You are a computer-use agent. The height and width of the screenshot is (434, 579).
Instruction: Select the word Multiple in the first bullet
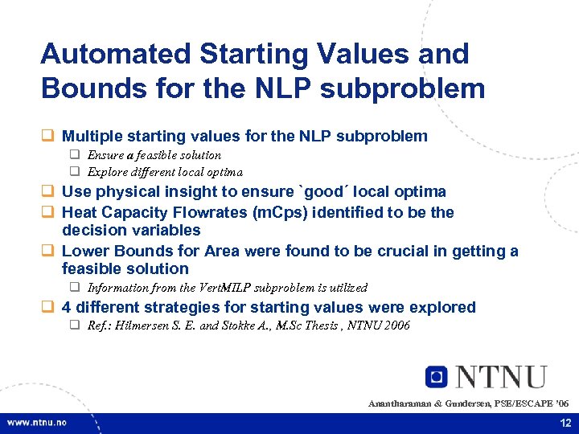[x=92, y=136]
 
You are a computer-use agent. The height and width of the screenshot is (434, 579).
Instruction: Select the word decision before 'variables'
[x=92, y=230]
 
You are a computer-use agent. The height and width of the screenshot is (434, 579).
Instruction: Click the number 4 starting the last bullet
[x=67, y=307]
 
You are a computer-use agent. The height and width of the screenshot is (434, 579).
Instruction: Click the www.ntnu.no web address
[x=39, y=423]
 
